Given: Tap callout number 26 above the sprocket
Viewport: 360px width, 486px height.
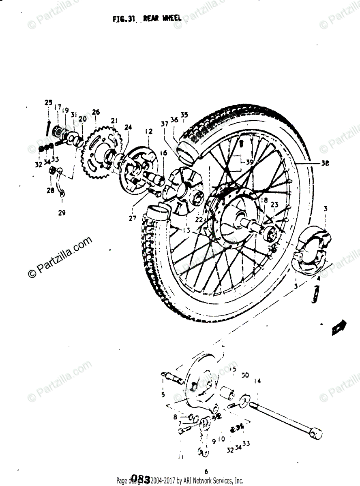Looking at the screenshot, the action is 96,112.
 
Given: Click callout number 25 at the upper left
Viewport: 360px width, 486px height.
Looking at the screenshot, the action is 49,102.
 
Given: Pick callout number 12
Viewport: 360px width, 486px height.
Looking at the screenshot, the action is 148,132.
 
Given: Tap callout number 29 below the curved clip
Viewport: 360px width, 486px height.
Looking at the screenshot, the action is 61,212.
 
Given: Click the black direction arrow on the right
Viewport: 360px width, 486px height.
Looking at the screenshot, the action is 338,327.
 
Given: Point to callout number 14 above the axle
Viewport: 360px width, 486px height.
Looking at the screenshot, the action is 257,381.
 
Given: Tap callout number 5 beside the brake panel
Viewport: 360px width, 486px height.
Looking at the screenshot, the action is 163,394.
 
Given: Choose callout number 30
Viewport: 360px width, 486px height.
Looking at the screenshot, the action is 245,375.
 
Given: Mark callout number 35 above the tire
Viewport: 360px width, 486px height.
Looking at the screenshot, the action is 184,115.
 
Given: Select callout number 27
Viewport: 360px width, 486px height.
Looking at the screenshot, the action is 133,219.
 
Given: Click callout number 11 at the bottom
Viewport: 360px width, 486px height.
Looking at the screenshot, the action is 180,457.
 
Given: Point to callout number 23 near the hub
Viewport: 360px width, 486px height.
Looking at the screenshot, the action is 274,205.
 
